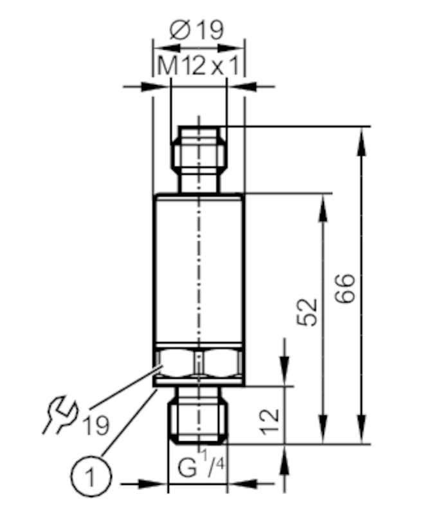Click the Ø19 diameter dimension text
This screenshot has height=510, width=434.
point(197,30)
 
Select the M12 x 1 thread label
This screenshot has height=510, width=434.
point(198,66)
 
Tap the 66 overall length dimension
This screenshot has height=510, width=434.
point(345,289)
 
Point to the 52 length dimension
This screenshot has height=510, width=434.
point(307,311)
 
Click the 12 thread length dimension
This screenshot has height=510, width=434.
point(269,422)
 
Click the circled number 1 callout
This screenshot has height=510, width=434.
point(91,477)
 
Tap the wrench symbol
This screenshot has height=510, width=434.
point(61,414)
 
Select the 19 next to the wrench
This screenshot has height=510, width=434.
point(96,426)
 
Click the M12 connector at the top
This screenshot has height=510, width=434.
point(199,159)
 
